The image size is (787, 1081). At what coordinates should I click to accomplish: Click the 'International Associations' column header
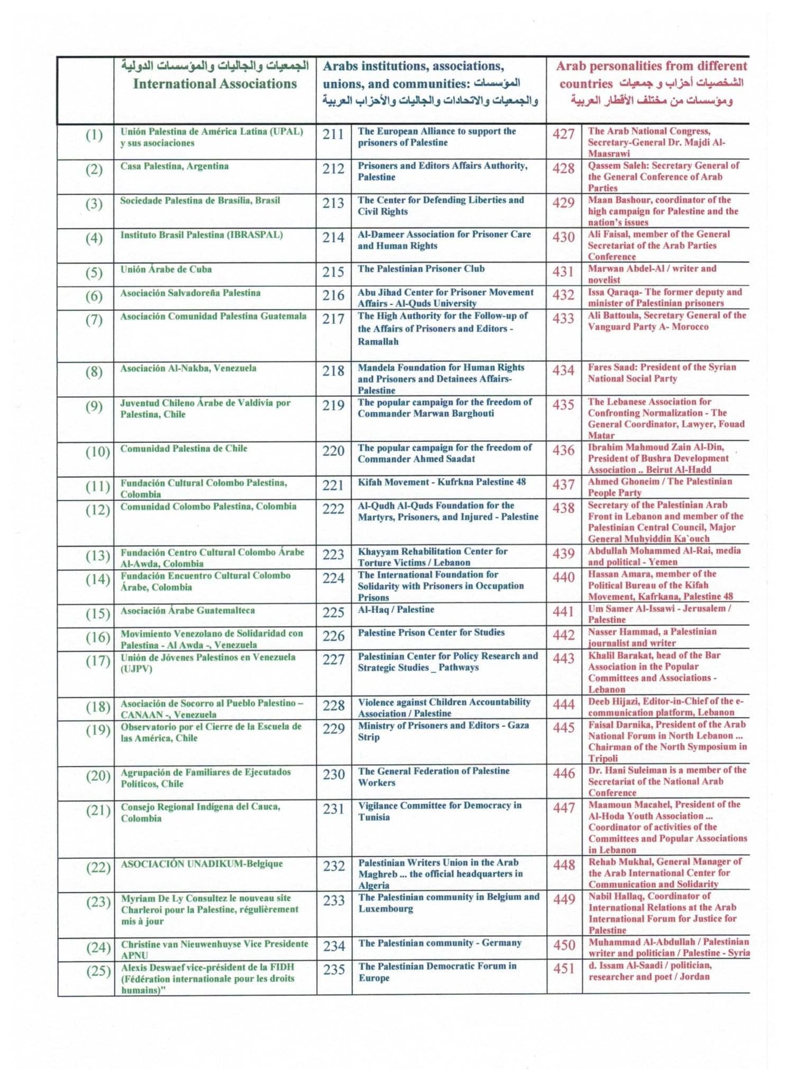point(215,84)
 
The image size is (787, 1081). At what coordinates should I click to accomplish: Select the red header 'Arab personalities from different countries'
point(651,74)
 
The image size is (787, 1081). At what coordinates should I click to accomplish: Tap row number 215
point(333,272)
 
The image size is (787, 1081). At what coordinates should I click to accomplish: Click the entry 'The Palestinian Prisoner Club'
point(421,269)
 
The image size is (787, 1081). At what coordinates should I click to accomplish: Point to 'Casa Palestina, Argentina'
point(175,166)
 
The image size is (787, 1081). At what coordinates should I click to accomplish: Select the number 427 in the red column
point(563,134)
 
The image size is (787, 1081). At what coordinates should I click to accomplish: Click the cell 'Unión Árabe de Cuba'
point(166,269)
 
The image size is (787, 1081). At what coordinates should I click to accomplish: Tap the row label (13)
point(97,556)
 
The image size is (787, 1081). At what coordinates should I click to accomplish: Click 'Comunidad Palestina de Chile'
point(184,449)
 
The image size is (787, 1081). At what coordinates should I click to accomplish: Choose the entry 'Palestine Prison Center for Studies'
point(431,632)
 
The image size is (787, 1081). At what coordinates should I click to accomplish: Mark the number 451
point(564,968)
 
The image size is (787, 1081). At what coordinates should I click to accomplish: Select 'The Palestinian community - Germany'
point(440,943)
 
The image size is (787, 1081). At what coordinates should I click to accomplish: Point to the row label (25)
point(98,971)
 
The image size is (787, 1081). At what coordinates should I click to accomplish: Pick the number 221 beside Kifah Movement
point(333,485)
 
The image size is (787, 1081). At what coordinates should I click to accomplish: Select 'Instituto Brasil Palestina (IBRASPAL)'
point(202,235)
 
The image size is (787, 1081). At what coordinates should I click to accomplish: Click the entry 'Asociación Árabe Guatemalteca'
point(188,611)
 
